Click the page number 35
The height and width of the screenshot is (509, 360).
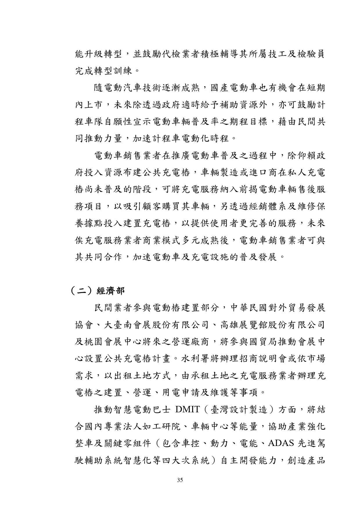click(180, 480)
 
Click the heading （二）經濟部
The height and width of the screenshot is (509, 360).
click(98, 291)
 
